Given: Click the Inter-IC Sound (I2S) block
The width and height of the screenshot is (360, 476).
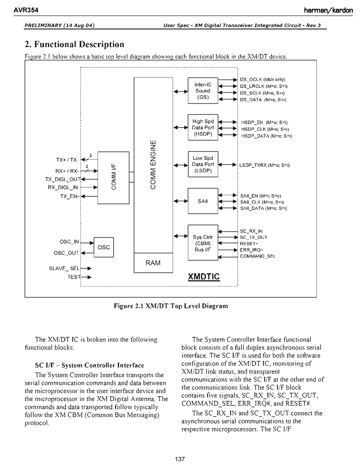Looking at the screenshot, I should tap(203, 90).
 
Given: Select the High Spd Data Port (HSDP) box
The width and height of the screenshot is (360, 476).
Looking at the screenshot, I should tap(203, 127).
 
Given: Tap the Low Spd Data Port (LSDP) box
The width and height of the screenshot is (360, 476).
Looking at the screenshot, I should tap(203, 164).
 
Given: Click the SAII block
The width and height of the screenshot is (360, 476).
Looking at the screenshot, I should tap(203, 201).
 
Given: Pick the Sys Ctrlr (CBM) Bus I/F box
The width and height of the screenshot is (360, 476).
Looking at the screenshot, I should tap(203, 243).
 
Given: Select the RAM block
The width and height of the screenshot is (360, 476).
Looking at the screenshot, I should tap(153, 263).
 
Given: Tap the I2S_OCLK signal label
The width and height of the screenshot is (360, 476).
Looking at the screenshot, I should tap(262, 79).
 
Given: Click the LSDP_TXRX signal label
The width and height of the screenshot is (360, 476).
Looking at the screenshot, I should tap(265, 165).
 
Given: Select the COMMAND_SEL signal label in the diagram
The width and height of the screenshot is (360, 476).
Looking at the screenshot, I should tap(258, 256).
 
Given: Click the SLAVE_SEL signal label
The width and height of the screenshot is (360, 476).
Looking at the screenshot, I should tap(64, 268).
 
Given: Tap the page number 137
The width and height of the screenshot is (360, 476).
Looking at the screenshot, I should tap(180, 459).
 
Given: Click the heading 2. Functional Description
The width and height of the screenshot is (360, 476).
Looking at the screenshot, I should tap(75, 45).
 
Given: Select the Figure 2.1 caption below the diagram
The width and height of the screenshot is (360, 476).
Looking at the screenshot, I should tap(170, 306).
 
